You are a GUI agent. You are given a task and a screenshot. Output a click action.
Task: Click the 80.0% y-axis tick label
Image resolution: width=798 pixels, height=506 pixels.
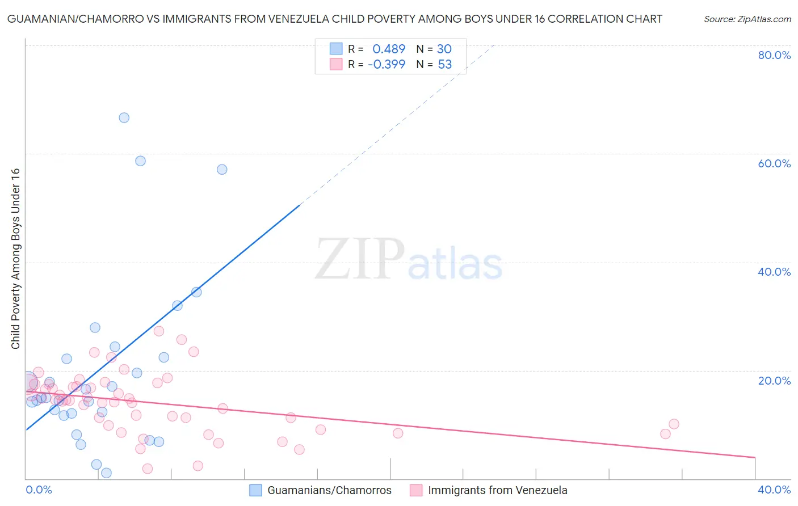tap(774, 55)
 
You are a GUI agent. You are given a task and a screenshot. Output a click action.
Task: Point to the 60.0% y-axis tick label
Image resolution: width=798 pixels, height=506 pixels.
tap(774, 163)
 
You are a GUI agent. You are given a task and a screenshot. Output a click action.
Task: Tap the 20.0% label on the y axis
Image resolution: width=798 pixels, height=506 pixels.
tap(774, 381)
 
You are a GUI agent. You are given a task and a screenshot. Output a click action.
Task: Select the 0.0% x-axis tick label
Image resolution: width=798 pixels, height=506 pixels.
tap(39, 490)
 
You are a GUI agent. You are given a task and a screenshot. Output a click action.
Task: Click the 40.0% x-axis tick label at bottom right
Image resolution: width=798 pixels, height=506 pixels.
tap(774, 490)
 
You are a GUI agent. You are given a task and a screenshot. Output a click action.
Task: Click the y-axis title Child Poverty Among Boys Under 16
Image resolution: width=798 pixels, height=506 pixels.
tap(15, 259)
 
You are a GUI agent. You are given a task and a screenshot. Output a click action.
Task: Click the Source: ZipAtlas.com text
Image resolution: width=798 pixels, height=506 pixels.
tap(747, 19)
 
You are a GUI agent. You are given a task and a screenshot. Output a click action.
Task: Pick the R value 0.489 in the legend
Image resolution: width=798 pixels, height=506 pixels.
tap(389, 49)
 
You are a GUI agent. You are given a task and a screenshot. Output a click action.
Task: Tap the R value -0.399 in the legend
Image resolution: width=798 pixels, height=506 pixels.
tap(387, 65)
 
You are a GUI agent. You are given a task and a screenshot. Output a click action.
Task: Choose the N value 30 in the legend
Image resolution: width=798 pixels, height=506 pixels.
tap(444, 49)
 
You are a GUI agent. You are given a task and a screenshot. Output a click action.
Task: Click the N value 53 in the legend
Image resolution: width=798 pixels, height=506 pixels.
tap(444, 65)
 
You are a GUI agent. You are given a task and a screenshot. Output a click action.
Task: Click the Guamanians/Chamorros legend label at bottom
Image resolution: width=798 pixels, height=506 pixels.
tap(329, 490)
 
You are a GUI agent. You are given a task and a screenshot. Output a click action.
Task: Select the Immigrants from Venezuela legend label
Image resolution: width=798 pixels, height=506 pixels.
tap(497, 490)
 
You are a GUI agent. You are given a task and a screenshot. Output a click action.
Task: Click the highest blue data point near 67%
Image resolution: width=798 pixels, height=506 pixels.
tap(124, 118)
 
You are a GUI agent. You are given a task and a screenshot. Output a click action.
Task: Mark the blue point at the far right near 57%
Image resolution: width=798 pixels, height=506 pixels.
tap(222, 170)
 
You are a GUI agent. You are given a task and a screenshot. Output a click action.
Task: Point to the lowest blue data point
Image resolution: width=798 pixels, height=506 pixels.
tap(106, 473)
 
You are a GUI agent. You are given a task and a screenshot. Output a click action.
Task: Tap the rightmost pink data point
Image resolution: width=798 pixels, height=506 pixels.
tap(674, 424)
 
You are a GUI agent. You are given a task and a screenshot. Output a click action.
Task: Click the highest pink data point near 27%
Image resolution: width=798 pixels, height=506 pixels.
tap(159, 331)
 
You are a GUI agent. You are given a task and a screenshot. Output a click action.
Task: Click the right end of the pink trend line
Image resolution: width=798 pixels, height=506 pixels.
tap(755, 457)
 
